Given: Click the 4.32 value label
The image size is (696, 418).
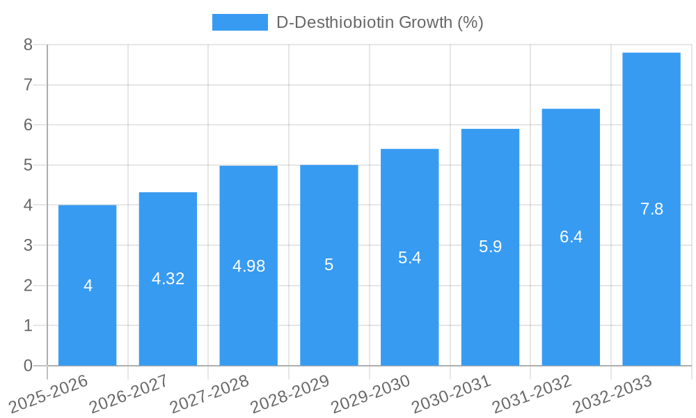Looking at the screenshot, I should (168, 279).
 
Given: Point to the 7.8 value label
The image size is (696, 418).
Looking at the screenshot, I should (651, 209).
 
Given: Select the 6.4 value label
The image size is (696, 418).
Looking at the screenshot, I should (571, 237).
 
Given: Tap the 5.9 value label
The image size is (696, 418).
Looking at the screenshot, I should (490, 247).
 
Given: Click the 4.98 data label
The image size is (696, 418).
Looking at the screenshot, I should (248, 266).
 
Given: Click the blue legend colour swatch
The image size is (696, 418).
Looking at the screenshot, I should (239, 22).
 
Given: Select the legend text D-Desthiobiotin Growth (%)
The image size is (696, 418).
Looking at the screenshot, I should (379, 22).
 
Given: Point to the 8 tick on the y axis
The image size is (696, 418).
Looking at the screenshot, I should (28, 45).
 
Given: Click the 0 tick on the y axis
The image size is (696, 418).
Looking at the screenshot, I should (28, 366).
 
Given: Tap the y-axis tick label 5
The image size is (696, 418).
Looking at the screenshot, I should (28, 165).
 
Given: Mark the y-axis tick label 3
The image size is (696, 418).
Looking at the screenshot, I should (28, 245).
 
